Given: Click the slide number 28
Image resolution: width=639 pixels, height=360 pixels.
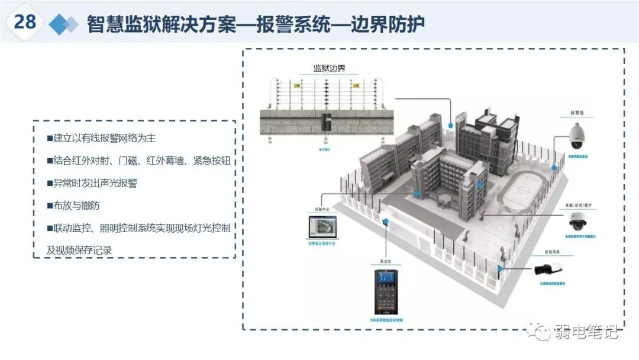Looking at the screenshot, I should (25, 22).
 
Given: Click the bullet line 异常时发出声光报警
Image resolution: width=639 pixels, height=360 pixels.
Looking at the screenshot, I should (92, 183).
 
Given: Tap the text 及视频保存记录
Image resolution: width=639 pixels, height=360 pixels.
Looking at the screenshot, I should (79, 250).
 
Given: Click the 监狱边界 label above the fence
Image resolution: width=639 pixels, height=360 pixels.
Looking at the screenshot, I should (329, 68).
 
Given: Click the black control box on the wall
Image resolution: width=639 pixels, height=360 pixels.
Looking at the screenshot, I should (325, 122).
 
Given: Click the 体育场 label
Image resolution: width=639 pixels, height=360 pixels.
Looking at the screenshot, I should (576, 112).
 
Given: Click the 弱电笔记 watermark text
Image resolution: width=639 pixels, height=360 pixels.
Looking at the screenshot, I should (586, 332).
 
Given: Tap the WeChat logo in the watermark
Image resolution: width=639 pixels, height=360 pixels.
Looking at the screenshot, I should (541, 332).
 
